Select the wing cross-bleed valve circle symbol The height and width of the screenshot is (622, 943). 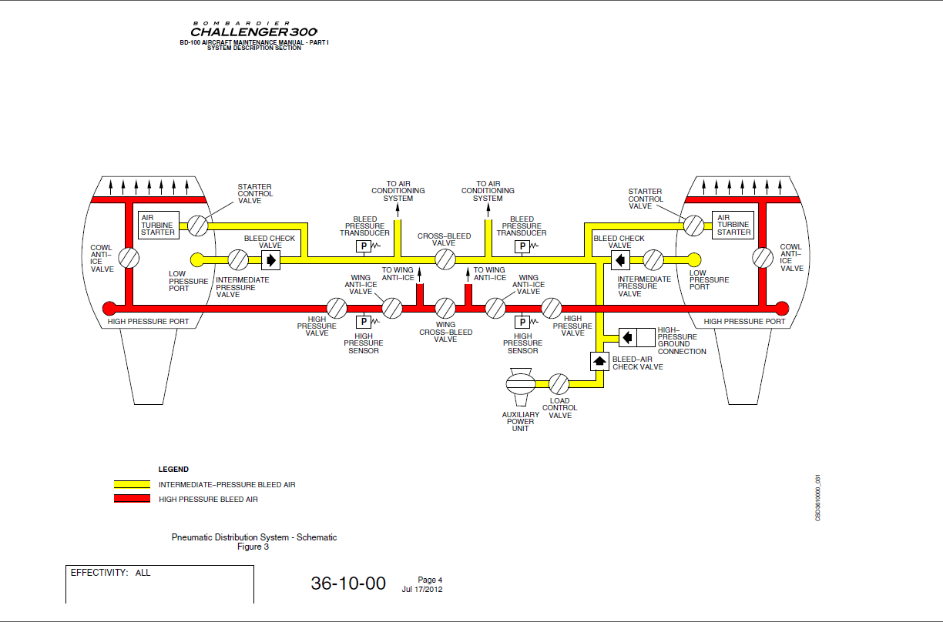[445, 309]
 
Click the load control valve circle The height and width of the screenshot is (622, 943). [559, 383]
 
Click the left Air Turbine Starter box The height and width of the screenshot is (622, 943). [158, 225]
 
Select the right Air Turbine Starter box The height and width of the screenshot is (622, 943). [733, 225]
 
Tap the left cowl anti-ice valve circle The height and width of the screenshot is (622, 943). [129, 258]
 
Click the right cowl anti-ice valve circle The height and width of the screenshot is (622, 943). [763, 258]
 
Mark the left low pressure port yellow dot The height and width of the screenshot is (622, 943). [197, 259]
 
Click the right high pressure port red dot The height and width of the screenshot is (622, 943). [782, 309]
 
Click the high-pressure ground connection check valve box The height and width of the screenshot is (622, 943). [629, 336]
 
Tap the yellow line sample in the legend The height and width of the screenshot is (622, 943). [132, 485]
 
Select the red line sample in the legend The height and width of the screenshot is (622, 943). [132, 499]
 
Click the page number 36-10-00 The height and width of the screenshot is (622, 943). [348, 584]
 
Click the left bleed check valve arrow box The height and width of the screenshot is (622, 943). [270, 259]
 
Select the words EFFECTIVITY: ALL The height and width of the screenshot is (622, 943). [111, 574]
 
